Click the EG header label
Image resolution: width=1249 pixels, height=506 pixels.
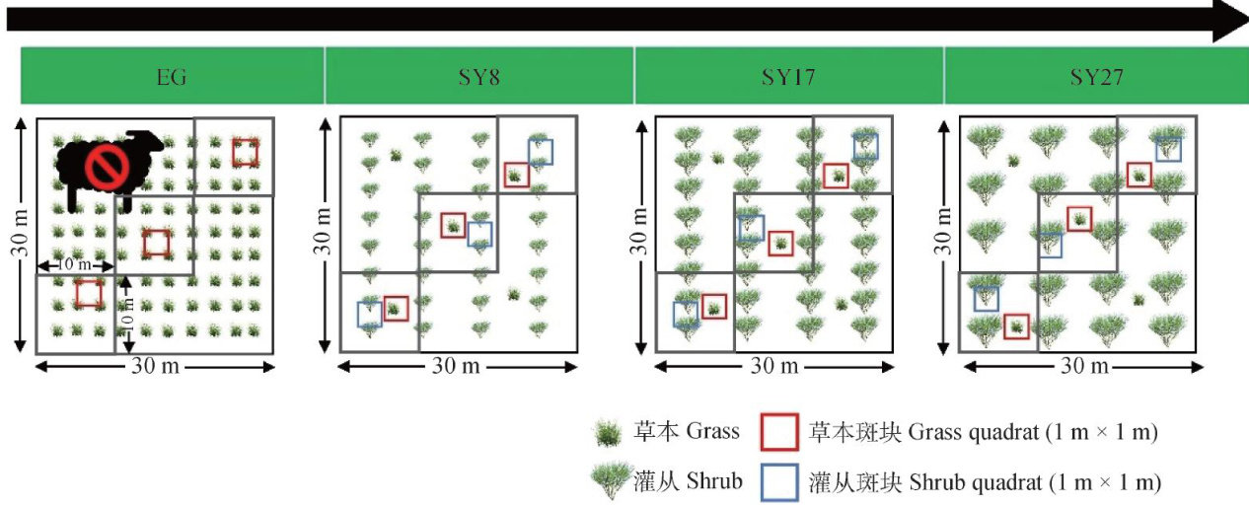click(x=172, y=76)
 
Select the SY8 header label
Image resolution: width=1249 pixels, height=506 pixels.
click(x=479, y=76)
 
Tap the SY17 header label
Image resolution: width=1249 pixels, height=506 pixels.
click(x=789, y=76)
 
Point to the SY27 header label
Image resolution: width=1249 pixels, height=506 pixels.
click(x=1096, y=76)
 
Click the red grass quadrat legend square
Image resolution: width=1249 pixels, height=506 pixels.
click(x=778, y=432)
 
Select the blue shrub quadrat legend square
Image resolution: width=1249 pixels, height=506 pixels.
click(x=778, y=481)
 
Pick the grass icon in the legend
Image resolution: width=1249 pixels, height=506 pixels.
click(x=608, y=433)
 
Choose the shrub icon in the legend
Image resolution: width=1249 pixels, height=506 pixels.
click(x=609, y=481)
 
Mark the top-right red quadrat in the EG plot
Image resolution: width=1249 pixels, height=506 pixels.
click(x=246, y=152)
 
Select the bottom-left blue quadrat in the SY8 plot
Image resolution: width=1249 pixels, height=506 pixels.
click(x=369, y=314)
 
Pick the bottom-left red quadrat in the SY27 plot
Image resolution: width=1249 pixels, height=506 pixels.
click(x=1016, y=326)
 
